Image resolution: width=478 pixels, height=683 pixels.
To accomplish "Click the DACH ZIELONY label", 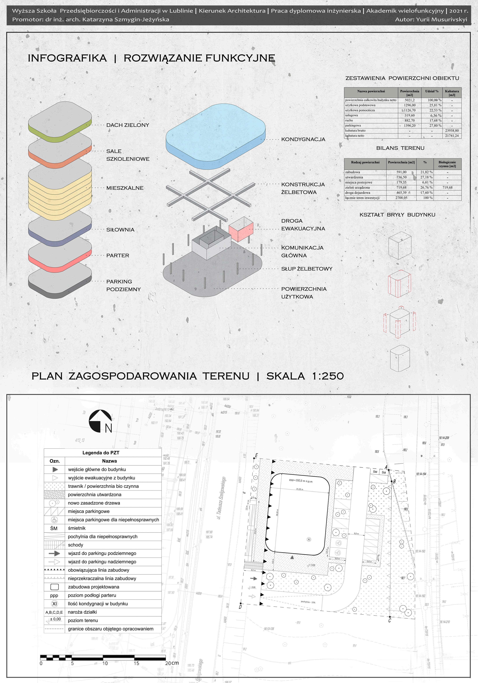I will pyautogui.click(x=128, y=125).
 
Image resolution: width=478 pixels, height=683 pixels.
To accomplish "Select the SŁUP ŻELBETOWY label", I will pyautogui.click(x=307, y=269).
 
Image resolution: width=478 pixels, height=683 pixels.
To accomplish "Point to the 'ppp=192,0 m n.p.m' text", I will pyautogui.click(x=301, y=480).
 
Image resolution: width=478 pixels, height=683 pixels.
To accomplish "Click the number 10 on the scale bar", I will pyautogui.click(x=105, y=663).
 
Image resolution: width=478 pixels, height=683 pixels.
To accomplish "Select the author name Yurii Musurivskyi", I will pyautogui.click(x=441, y=20).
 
